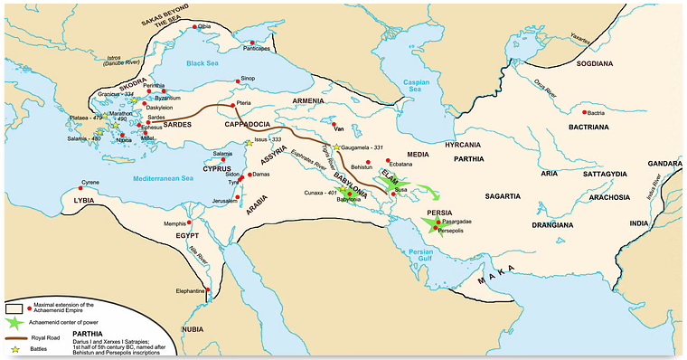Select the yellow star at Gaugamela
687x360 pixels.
click(x=336, y=147)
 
